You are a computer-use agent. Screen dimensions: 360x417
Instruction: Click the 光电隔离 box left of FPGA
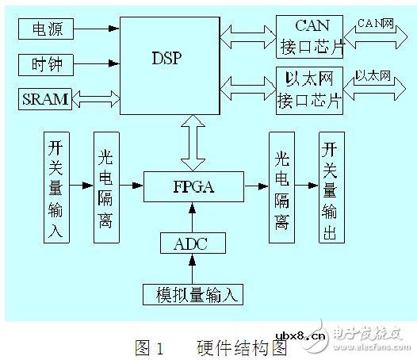coord(106,187)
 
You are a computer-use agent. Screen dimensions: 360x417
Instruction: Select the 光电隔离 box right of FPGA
coord(282,187)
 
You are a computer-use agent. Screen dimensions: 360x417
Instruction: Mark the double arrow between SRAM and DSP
coord(95,99)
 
